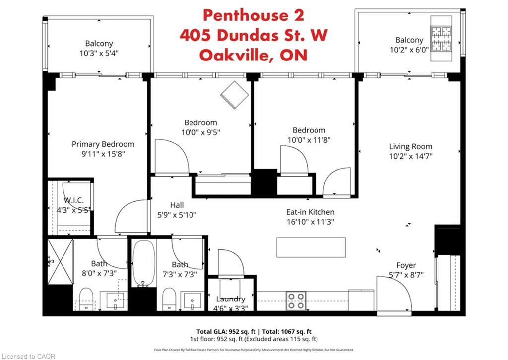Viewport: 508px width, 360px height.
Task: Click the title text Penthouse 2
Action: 254,15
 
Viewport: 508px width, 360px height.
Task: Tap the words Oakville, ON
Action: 254,55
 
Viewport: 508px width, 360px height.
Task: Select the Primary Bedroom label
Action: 103,144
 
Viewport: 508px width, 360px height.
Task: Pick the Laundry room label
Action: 231,299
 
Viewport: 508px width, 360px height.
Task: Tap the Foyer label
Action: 406,265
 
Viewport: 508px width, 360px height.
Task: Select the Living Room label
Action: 410,146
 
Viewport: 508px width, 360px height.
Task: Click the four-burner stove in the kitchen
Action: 296,300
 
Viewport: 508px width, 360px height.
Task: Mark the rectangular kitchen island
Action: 311,246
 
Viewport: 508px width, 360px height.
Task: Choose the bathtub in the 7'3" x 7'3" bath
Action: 144,264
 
